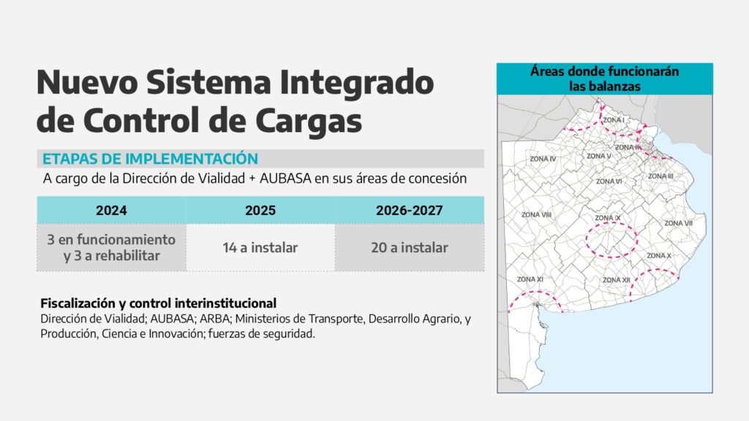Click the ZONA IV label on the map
click(x=543, y=159)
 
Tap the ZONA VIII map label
click(x=536, y=215)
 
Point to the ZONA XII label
click(x=616, y=280)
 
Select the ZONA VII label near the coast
click(x=678, y=224)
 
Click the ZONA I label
click(x=614, y=121)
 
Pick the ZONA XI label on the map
click(x=530, y=279)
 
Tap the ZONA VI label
click(x=609, y=181)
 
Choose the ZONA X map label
click(x=659, y=256)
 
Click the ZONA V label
click(x=598, y=156)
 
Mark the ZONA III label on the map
click(x=660, y=177)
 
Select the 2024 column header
click(x=111, y=210)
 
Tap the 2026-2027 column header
click(x=410, y=210)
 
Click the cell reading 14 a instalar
click(x=260, y=248)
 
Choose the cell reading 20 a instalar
click(x=410, y=248)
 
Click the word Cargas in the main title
click(x=309, y=121)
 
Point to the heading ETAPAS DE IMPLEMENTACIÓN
click(x=150, y=159)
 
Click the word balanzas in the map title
click(x=613, y=86)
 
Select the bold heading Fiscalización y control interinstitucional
click(x=159, y=303)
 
